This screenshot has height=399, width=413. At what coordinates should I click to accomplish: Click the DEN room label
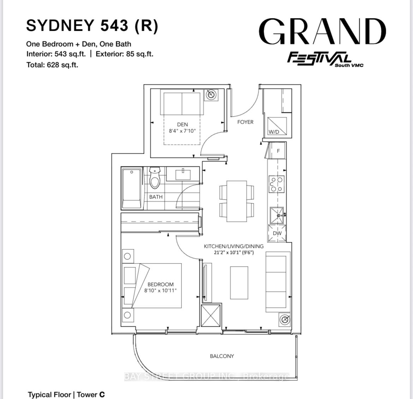pyautogui.click(x=182, y=124)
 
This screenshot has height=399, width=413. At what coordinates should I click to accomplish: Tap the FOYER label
pyautogui.click(x=245, y=122)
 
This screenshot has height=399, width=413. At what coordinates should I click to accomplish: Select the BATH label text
pyautogui.click(x=156, y=197)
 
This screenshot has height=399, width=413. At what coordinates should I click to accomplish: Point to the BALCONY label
pyautogui.click(x=222, y=356)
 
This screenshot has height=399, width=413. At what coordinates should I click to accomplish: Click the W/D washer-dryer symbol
pyautogui.click(x=277, y=126)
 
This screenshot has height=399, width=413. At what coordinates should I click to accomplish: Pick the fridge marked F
pyautogui.click(x=277, y=151)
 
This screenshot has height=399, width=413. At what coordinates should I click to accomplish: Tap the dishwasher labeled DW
pyautogui.click(x=277, y=233)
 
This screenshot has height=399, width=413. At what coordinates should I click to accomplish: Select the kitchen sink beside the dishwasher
pyautogui.click(x=277, y=215)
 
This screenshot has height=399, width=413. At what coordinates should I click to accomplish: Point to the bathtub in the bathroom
pyautogui.click(x=132, y=188)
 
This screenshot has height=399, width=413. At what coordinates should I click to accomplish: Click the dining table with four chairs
pyautogui.click(x=237, y=201)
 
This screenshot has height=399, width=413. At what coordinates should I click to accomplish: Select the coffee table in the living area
pyautogui.click(x=239, y=282)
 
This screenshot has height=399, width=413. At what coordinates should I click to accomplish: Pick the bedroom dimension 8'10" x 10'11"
pyautogui.click(x=160, y=290)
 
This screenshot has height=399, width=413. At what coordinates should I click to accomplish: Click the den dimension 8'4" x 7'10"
pyautogui.click(x=182, y=131)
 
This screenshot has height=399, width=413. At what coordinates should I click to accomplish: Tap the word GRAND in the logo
pyautogui.click(x=322, y=31)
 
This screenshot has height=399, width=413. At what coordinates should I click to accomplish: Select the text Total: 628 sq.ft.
pyautogui.click(x=52, y=65)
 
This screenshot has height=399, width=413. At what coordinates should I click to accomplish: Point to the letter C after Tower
pyautogui.click(x=102, y=394)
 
